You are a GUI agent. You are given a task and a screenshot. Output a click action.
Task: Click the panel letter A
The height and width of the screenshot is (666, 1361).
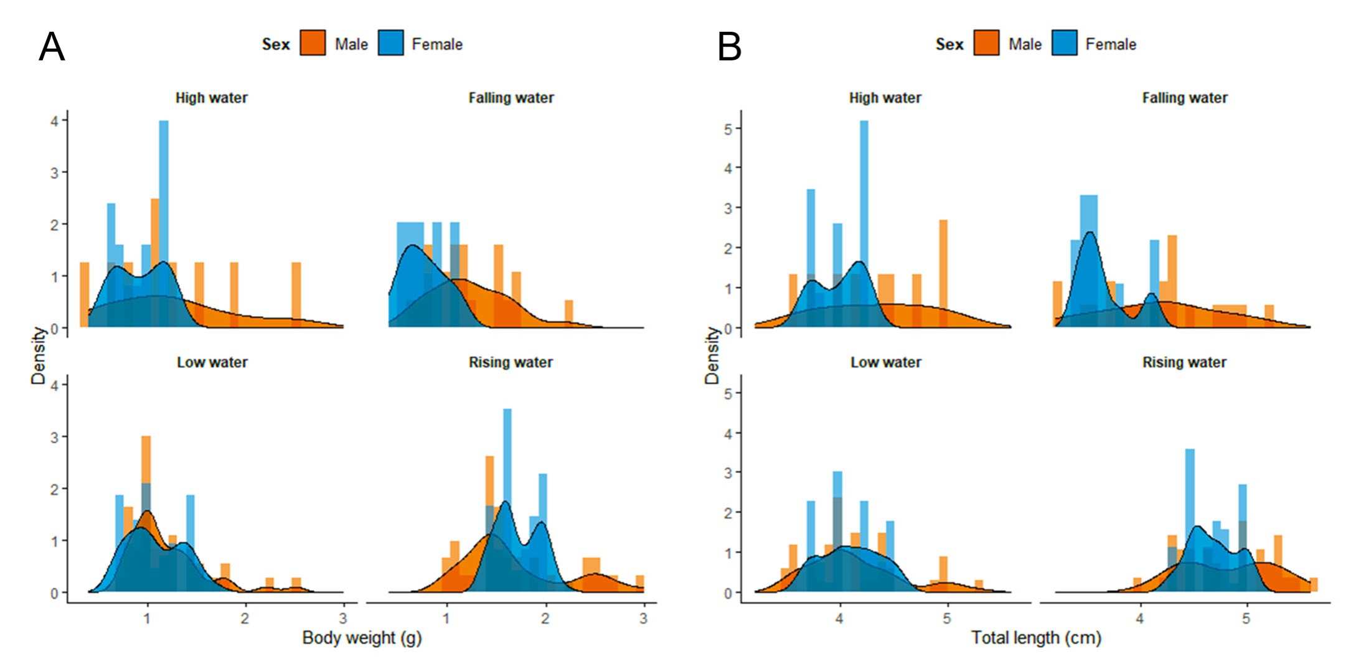click(52, 47)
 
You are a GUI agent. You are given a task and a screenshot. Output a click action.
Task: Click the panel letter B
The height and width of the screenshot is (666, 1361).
click(729, 47)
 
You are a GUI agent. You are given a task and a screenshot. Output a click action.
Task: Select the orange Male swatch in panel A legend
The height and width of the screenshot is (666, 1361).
click(313, 44)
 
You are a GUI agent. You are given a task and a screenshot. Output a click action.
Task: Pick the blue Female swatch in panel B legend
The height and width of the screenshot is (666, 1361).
click(1064, 44)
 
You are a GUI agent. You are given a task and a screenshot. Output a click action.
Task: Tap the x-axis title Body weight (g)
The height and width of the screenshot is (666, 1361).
click(362, 638)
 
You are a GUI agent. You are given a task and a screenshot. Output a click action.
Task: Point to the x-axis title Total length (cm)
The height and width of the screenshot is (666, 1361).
click(1036, 638)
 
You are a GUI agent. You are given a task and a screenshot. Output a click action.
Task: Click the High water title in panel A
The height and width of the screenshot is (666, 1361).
click(211, 98)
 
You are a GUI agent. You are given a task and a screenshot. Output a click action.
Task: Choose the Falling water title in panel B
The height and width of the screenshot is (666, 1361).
click(1184, 98)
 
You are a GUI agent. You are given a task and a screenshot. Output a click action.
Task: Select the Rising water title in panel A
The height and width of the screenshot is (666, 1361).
click(511, 362)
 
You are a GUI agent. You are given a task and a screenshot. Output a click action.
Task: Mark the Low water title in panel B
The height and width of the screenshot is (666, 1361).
click(885, 362)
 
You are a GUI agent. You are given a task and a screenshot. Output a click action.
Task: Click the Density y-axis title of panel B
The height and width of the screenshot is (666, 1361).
click(712, 355)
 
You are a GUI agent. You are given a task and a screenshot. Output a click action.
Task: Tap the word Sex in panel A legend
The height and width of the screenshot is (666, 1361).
click(276, 44)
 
